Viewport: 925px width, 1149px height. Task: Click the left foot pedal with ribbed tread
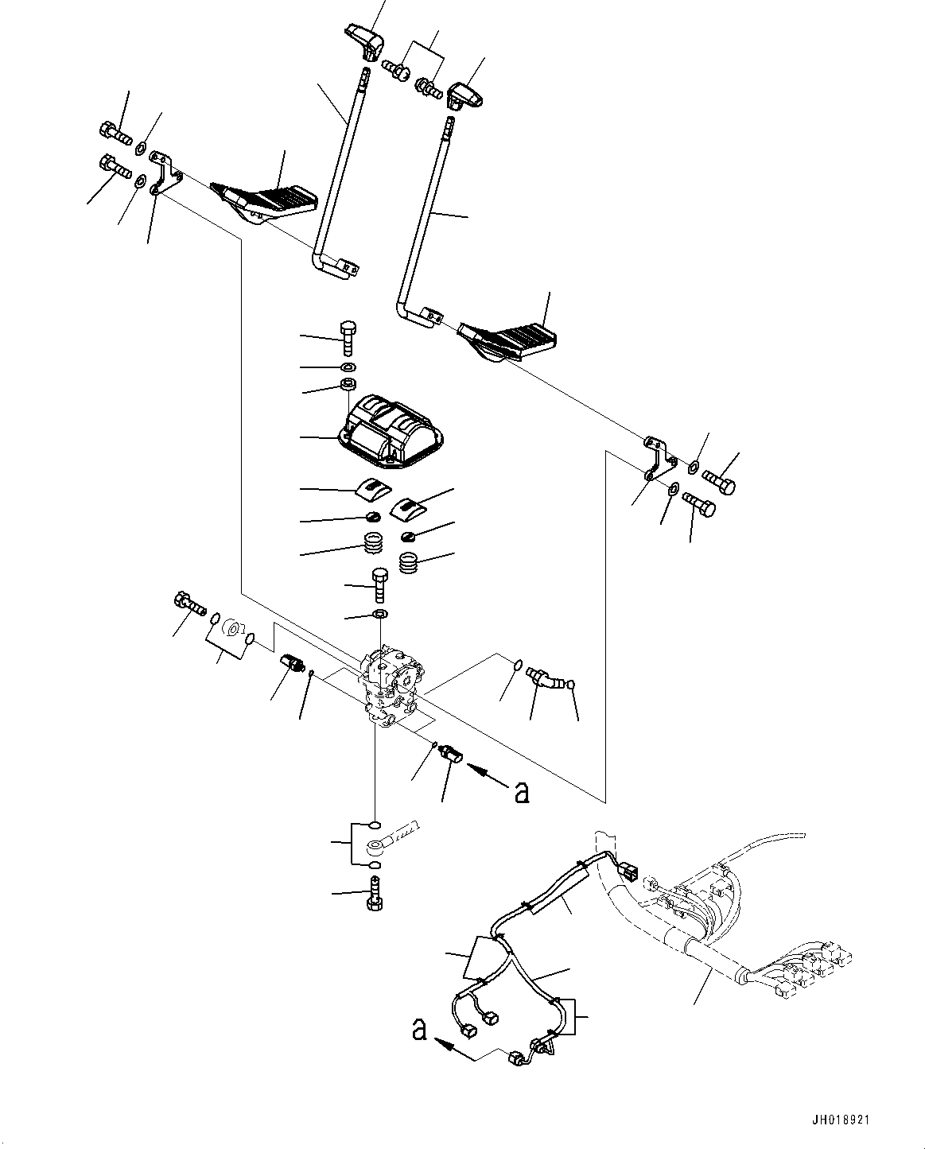[x=264, y=204]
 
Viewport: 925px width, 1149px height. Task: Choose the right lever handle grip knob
[x=464, y=96]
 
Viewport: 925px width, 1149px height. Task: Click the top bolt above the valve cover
[x=348, y=338]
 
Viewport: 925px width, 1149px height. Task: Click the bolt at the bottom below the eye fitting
[x=375, y=895]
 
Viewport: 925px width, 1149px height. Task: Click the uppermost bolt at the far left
[x=115, y=133]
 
